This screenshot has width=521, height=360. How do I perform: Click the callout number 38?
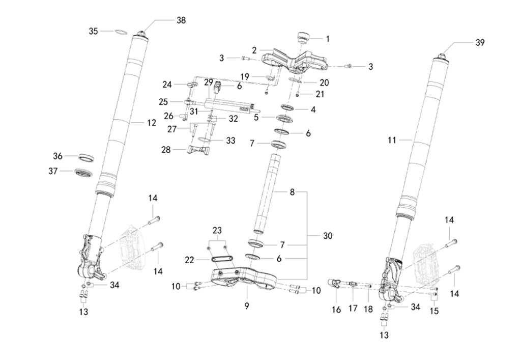181,20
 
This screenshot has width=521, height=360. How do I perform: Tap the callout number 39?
480,43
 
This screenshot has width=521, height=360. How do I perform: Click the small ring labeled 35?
120,32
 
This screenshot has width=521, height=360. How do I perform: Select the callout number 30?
327,236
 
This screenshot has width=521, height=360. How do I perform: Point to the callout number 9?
247,306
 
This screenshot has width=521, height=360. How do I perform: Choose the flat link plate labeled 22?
223,260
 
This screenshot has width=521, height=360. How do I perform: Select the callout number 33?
230,141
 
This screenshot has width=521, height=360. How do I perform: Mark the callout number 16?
337,310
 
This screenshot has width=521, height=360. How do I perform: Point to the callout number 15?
434,310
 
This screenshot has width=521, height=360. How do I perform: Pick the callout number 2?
254,51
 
